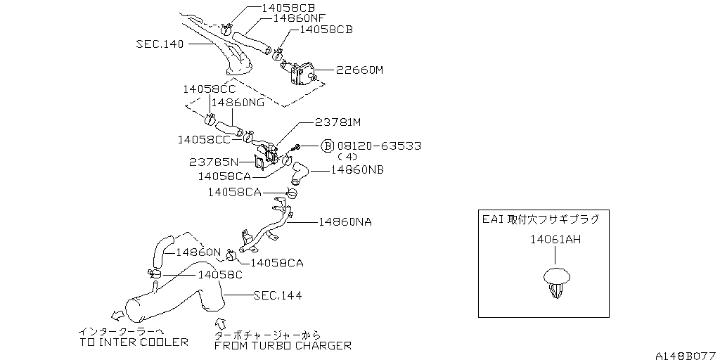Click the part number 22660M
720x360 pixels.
click(x=360, y=70)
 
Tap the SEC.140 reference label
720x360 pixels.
click(x=160, y=44)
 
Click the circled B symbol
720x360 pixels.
click(x=328, y=146)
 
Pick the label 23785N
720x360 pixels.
click(x=214, y=162)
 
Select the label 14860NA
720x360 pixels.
click(x=345, y=221)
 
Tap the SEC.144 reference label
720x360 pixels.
click(x=278, y=295)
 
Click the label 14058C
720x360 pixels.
click(x=221, y=275)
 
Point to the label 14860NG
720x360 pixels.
click(x=238, y=102)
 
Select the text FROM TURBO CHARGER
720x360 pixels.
click(x=283, y=345)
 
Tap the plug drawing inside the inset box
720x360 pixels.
click(x=556, y=282)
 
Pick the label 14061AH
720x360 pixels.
click(x=555, y=240)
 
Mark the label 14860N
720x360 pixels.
click(x=198, y=252)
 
